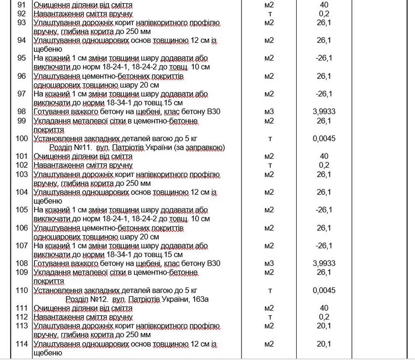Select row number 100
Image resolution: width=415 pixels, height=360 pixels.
click(x=22, y=139)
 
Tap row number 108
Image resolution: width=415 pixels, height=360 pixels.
click(x=22, y=263)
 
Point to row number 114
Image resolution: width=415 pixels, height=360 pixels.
click(x=22, y=344)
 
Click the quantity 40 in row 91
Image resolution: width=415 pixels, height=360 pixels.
click(x=324, y=5)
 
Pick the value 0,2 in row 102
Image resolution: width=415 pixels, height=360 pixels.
click(x=324, y=165)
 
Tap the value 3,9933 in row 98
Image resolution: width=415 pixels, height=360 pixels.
click(x=324, y=112)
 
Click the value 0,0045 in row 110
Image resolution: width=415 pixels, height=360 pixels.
click(x=324, y=290)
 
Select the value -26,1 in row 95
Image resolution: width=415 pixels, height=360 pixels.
click(x=324, y=58)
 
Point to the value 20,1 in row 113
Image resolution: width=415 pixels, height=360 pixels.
click(x=324, y=326)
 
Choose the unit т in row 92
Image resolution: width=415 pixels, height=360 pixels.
click(x=270, y=14)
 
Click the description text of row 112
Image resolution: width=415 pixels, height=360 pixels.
click(x=83, y=317)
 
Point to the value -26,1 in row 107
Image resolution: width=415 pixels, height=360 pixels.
click(x=324, y=246)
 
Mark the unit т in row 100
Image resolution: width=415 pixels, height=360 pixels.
click(x=270, y=139)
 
